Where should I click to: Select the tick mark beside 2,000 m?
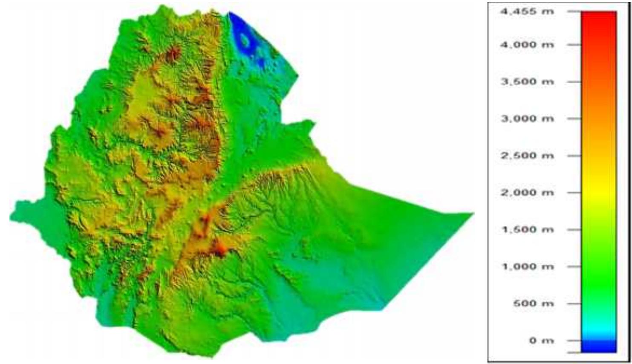(574, 192)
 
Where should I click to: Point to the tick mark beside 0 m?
(574, 341)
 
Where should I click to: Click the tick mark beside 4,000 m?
(574, 44)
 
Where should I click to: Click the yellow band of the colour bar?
(598, 194)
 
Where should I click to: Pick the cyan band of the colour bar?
(598, 328)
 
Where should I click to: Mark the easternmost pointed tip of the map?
(473, 213)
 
